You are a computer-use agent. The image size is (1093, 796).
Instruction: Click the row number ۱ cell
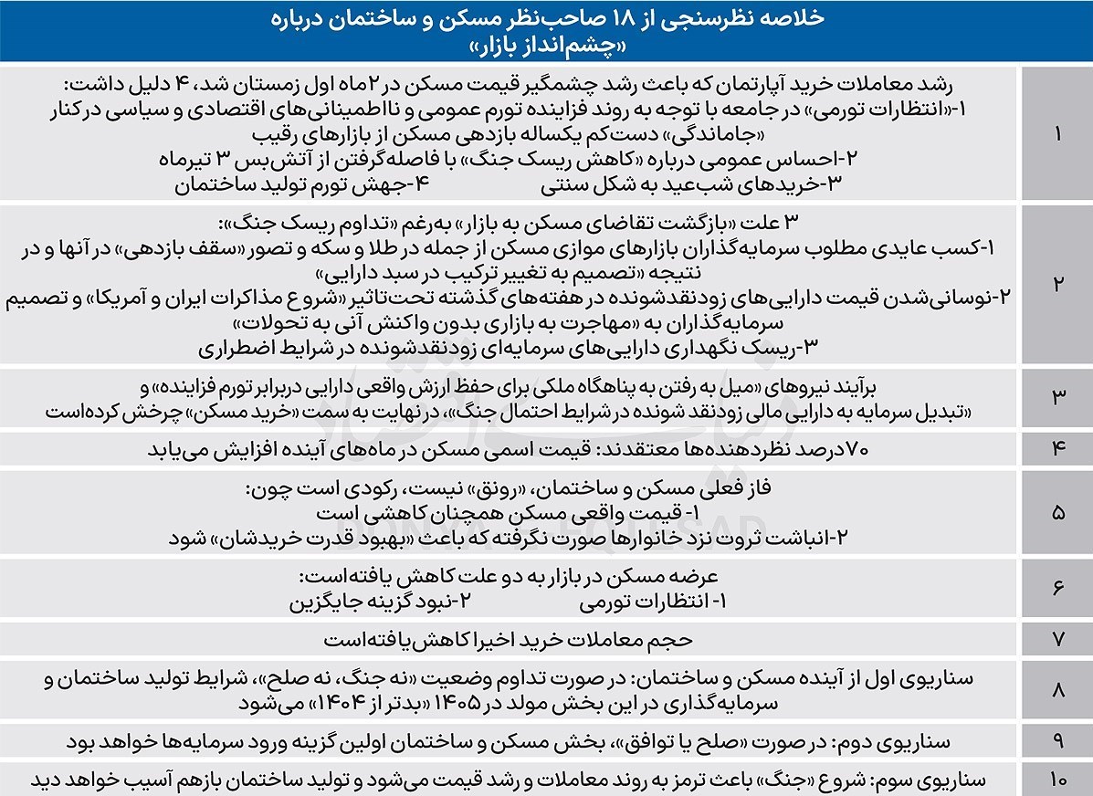(1057, 133)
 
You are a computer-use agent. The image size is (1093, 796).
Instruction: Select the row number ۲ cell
(1057, 284)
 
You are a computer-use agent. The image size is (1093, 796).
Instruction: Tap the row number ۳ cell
(1057, 396)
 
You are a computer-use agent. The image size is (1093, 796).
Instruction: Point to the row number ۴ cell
(1057, 448)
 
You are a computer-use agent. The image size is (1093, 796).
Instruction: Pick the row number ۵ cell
(1057, 513)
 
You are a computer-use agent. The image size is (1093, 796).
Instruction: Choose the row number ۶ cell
(1057, 589)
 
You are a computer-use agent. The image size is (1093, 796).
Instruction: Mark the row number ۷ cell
(1057, 639)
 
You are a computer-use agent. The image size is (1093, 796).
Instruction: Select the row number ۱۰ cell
(1057, 780)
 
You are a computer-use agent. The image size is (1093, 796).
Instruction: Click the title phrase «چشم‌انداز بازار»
(549, 45)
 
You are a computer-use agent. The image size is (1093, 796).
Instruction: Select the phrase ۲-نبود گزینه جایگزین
(383, 602)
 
